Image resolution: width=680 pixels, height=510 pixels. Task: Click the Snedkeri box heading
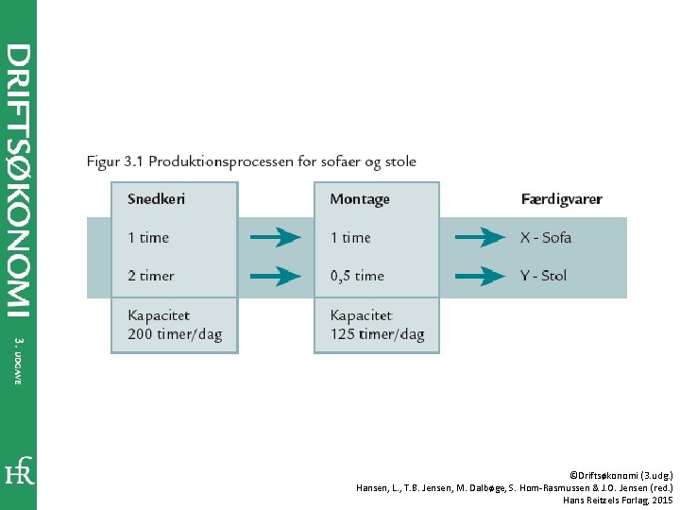click(156, 199)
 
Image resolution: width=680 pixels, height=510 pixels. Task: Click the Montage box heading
click(360, 199)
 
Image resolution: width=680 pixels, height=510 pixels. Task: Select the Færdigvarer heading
click(561, 199)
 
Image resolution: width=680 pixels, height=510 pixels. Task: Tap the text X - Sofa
click(546, 237)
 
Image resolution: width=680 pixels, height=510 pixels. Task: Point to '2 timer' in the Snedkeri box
click(151, 276)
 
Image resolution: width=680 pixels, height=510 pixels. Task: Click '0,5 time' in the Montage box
click(357, 276)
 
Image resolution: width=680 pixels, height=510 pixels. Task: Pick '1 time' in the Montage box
click(350, 237)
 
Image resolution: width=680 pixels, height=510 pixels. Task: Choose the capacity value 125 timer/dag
click(377, 334)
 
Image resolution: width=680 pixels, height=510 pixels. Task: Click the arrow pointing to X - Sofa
click(480, 237)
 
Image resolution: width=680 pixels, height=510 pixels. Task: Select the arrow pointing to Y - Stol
click(480, 276)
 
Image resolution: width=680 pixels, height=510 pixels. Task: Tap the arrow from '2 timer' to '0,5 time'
click(275, 276)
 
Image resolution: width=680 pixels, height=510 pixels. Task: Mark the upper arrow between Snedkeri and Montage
click(275, 237)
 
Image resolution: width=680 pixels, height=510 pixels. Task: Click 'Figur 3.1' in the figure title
click(114, 161)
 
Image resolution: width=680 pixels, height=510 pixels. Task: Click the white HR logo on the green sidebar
click(19, 470)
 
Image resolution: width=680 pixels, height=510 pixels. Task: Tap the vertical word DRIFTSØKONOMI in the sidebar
click(19, 179)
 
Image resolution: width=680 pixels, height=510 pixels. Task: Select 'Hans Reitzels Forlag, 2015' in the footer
click(618, 499)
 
